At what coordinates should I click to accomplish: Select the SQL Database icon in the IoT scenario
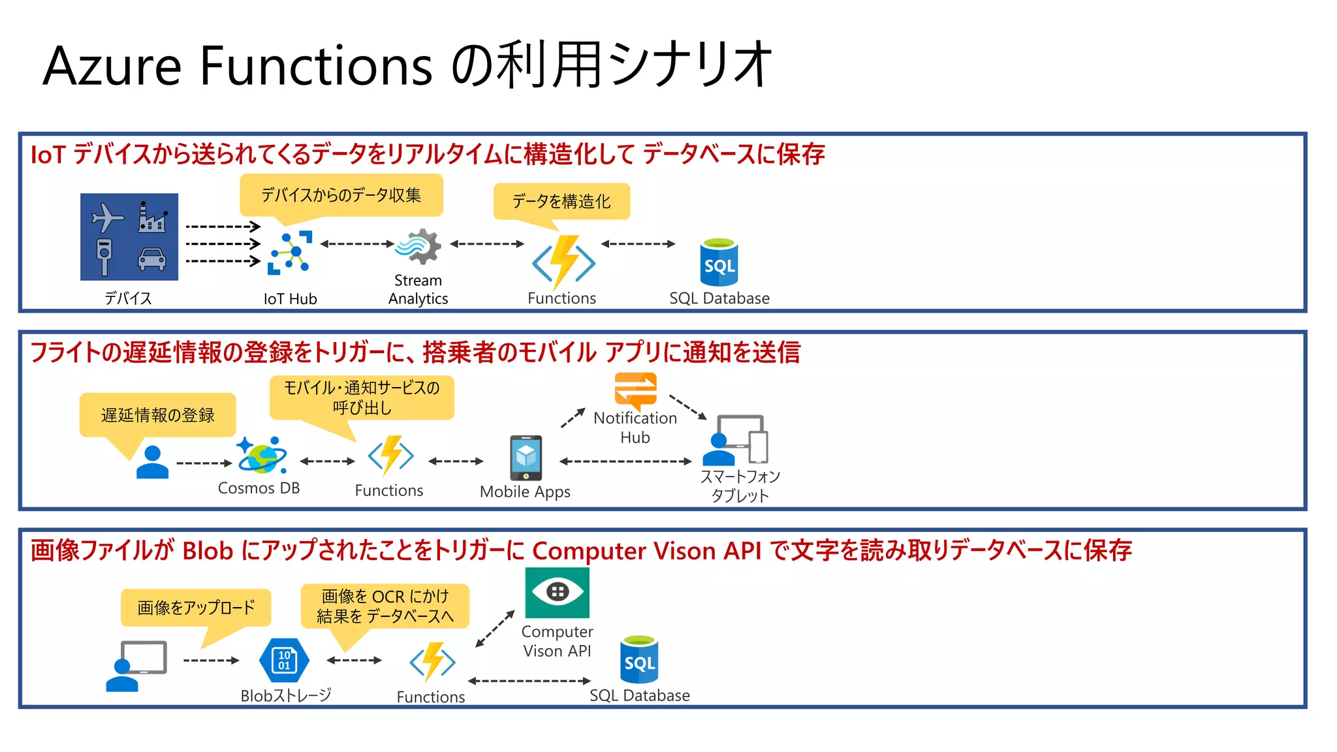coord(719,262)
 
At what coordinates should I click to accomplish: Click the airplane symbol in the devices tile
coord(106,217)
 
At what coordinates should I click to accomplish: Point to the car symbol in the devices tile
coord(151,259)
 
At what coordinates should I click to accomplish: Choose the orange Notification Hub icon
coord(635,390)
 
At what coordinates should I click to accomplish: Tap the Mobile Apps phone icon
coord(526,458)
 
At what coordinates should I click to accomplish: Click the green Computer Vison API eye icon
coord(557,592)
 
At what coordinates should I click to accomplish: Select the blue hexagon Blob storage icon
coord(284,660)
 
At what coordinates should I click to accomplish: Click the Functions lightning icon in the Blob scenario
coord(432,662)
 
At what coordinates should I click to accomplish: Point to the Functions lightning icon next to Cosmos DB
coord(390,455)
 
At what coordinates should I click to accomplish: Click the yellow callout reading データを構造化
coord(561,201)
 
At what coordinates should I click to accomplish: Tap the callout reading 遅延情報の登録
coord(157,415)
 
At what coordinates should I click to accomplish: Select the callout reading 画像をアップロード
coord(196,608)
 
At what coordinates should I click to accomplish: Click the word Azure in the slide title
coord(112,66)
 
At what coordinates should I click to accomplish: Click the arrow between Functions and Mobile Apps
coord(456,461)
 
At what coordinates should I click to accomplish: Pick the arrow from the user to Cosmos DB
coord(204,463)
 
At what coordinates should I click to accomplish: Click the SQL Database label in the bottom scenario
coord(639,696)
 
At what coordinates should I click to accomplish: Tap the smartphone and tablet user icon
coord(736,440)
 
